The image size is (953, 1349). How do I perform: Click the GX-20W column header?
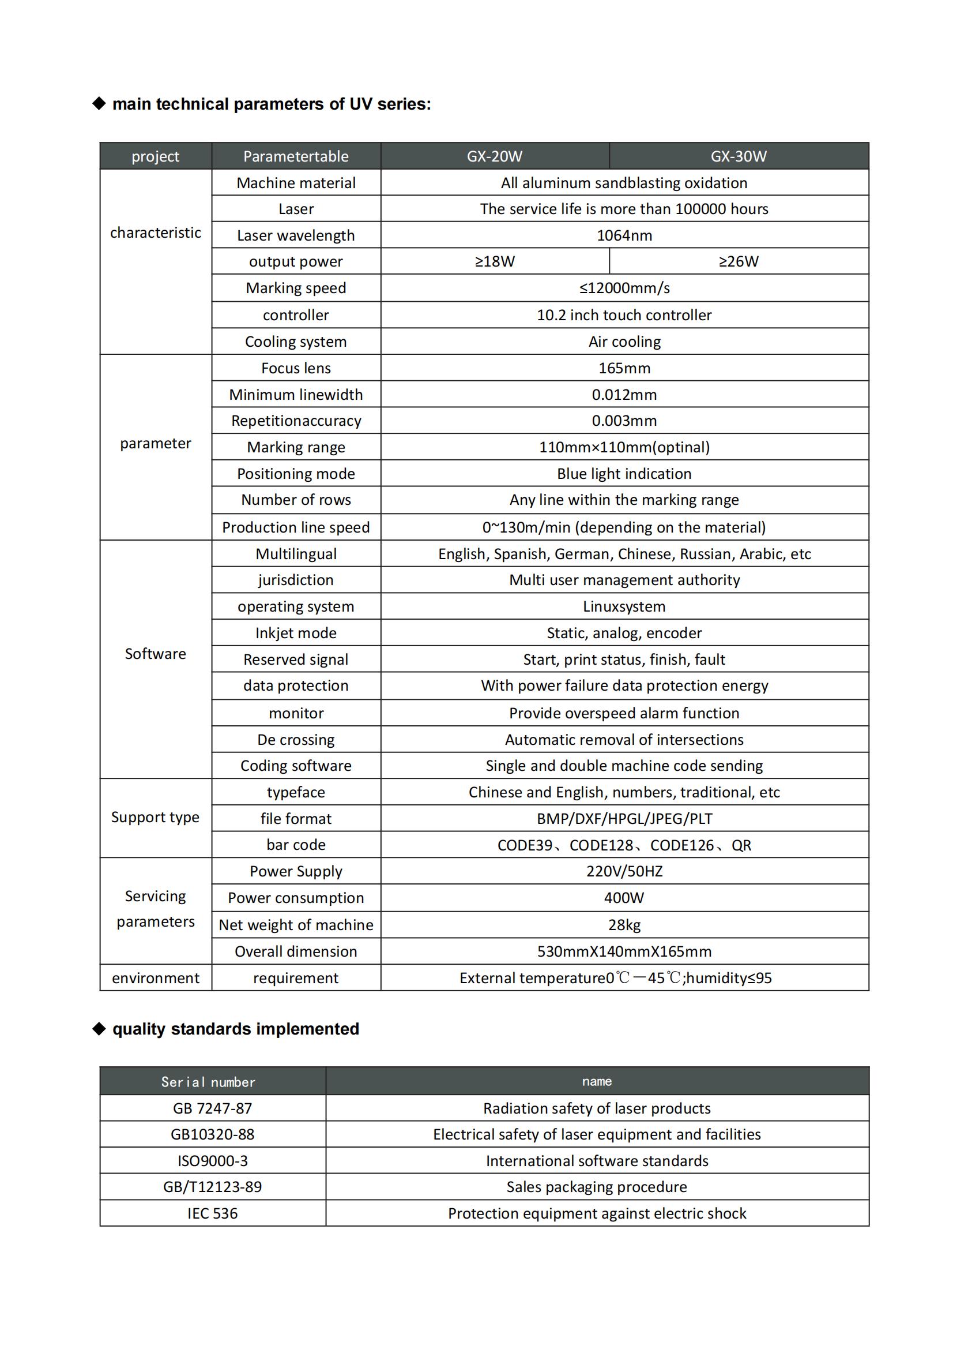[x=495, y=156]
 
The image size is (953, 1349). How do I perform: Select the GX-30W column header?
[x=738, y=156]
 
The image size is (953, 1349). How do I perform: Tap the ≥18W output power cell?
[x=495, y=261]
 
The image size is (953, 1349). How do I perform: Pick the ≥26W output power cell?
[x=738, y=261]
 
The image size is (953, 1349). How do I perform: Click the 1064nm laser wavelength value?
[x=624, y=235]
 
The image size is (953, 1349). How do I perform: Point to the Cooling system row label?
[x=295, y=342]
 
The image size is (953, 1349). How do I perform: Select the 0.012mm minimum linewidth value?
[x=624, y=394]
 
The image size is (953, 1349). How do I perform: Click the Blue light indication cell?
[x=624, y=474]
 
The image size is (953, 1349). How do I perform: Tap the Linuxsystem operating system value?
[x=624, y=606]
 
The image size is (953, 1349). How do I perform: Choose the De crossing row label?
[x=295, y=739]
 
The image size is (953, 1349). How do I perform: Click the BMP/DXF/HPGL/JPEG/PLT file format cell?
[x=624, y=818]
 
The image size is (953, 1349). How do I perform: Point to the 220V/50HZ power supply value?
[x=624, y=871]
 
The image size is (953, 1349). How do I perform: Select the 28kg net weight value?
[x=624, y=925]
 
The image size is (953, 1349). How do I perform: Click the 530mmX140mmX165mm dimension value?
[x=624, y=951]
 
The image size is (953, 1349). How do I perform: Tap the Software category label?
[x=155, y=654]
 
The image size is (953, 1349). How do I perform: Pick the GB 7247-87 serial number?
[x=212, y=1108]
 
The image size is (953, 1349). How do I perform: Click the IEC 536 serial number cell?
[x=212, y=1213]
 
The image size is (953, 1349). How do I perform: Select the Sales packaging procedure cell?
[x=596, y=1187]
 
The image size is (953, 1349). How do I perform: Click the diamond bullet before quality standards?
[x=99, y=1028]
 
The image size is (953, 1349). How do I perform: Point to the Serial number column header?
[x=208, y=1082]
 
